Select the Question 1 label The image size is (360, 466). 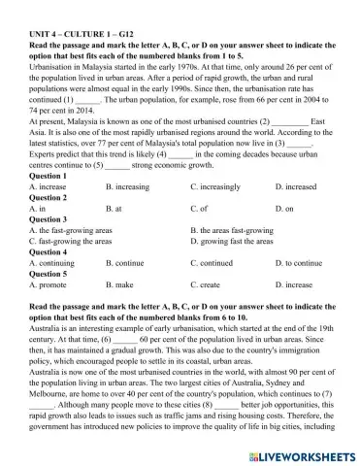tap(49, 176)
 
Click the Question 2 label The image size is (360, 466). tap(49, 197)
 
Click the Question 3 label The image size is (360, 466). tap(49, 219)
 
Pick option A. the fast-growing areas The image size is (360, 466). tap(72, 230)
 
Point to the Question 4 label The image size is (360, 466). tap(49, 251)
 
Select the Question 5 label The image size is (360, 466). tap(49, 274)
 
